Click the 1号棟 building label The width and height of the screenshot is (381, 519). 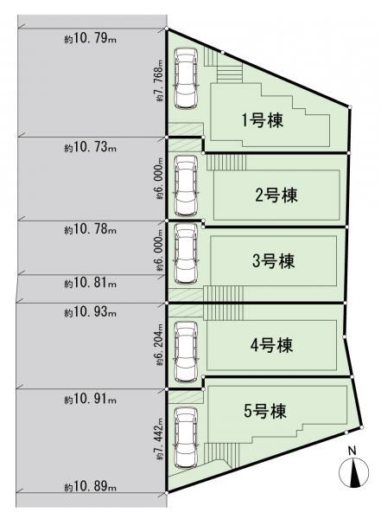click(x=263, y=120)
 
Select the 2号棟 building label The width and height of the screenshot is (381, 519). click(x=276, y=195)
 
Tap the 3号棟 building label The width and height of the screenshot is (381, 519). click(x=273, y=261)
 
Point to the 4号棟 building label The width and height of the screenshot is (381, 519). click(x=271, y=345)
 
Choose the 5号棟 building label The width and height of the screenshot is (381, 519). click(x=265, y=412)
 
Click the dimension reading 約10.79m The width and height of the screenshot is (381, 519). click(x=91, y=39)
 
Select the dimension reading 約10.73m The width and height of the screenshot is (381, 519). click(x=91, y=147)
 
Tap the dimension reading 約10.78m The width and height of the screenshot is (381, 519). click(x=91, y=229)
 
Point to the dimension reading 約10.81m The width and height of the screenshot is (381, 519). click(x=91, y=283)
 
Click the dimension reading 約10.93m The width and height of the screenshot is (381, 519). click(x=91, y=312)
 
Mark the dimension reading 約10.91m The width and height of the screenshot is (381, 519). click(x=91, y=400)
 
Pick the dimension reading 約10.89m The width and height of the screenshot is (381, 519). click(x=91, y=486)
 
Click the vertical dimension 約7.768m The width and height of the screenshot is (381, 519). click(x=161, y=80)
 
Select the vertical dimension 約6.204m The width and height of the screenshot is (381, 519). click(x=161, y=345)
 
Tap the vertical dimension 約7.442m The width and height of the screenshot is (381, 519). click(x=161, y=439)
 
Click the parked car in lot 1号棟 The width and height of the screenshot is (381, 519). click(x=187, y=79)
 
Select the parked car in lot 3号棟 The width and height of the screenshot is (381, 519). click(x=187, y=253)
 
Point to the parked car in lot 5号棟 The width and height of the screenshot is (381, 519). click(x=187, y=438)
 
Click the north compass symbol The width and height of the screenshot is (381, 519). click(x=353, y=472)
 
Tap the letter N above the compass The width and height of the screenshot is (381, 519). click(x=352, y=451)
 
